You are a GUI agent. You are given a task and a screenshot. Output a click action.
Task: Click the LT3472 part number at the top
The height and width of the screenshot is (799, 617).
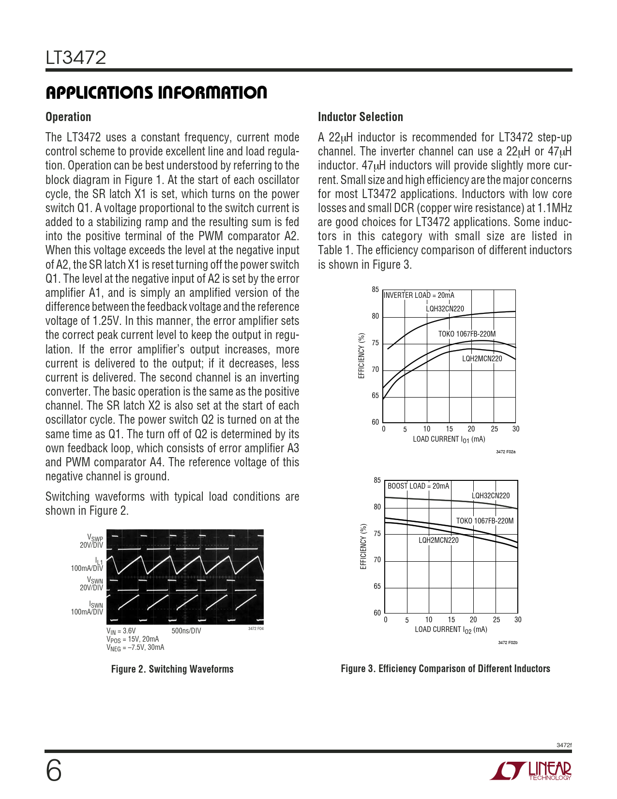click(x=76, y=58)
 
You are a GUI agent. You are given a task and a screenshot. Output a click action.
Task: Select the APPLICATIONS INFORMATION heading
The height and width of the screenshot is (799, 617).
click(x=156, y=92)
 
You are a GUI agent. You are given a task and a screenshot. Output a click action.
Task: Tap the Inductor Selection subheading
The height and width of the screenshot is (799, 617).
click(x=360, y=117)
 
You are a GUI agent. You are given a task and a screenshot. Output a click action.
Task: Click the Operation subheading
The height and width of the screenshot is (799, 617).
click(x=68, y=117)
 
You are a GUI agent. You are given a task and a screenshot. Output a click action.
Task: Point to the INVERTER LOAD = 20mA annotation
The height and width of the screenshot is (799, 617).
click(x=419, y=295)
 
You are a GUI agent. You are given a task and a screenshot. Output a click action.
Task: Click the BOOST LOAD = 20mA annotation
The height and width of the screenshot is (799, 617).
click(x=418, y=486)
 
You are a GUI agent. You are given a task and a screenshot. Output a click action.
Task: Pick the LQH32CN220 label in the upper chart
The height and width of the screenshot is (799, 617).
click(x=445, y=309)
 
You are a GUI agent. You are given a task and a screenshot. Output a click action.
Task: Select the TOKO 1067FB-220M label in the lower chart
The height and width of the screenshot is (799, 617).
click(x=485, y=521)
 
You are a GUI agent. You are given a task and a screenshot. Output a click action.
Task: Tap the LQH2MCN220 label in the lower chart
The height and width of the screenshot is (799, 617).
click(x=438, y=540)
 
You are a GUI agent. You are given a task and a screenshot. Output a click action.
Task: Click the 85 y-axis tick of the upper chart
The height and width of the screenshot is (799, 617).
click(x=376, y=290)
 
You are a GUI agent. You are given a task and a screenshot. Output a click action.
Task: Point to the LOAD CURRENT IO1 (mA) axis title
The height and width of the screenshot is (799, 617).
click(x=449, y=439)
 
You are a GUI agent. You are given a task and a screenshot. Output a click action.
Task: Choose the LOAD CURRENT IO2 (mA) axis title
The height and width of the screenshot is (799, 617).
click(x=451, y=630)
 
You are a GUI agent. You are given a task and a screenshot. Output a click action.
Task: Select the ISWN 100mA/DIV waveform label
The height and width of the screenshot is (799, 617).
click(x=88, y=608)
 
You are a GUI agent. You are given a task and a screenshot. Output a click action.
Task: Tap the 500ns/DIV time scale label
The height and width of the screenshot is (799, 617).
click(x=186, y=631)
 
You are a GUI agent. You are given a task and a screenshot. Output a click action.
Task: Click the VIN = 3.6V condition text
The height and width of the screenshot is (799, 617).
click(x=121, y=631)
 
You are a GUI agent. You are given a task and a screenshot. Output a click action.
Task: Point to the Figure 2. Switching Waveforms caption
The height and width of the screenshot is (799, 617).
click(x=172, y=669)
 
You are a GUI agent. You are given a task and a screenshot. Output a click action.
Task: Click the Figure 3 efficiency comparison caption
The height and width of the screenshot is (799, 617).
click(x=445, y=669)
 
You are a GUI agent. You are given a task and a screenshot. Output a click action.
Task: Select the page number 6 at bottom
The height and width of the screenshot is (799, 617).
click(x=54, y=770)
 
